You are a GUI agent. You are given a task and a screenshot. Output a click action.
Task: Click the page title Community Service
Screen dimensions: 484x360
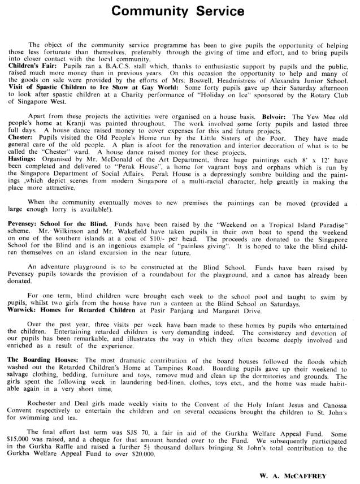178,11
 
